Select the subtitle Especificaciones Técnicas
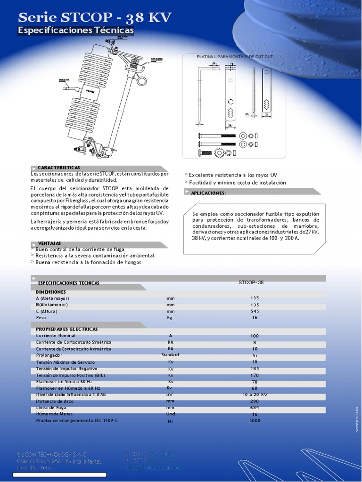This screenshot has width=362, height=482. tap(75, 31)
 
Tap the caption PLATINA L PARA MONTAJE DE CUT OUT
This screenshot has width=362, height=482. tap(234, 56)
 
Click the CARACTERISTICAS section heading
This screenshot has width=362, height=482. tap(59, 168)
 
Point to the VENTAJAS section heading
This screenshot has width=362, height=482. tap(49, 243)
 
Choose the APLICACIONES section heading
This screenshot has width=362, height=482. tap(208, 193)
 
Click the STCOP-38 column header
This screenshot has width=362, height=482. tap(251, 283)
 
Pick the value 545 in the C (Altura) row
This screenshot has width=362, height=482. tap(255, 311)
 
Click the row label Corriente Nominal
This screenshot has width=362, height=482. tap(56, 336)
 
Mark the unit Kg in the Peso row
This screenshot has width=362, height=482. tap(170, 318)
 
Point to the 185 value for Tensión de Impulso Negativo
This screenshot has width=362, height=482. tap(255, 369)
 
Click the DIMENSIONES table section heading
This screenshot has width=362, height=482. tap(51, 292)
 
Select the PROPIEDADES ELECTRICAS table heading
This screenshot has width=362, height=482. tap(67, 329)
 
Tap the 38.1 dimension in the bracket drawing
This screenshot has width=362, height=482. tap(231, 126)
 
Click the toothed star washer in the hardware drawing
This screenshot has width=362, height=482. tap(219, 153)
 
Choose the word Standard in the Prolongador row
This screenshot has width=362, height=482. tap(170, 354)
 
